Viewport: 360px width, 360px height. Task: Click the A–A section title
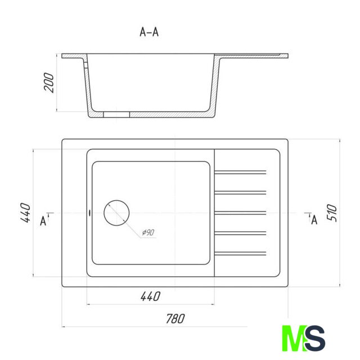pos(149,32)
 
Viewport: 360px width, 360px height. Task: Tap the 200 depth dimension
pos(49,83)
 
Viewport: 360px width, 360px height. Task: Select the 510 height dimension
pos(332,213)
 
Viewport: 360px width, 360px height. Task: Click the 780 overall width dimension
pos(175,319)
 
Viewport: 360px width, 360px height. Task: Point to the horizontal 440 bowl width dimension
pos(150,296)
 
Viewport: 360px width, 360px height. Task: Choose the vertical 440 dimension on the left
pos(25,213)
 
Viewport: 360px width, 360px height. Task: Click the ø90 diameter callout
pos(148,232)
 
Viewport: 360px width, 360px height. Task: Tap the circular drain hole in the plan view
pos(116,200)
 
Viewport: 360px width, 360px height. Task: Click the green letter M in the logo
pos(294,338)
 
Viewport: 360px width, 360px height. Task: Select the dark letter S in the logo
pos(315,338)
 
